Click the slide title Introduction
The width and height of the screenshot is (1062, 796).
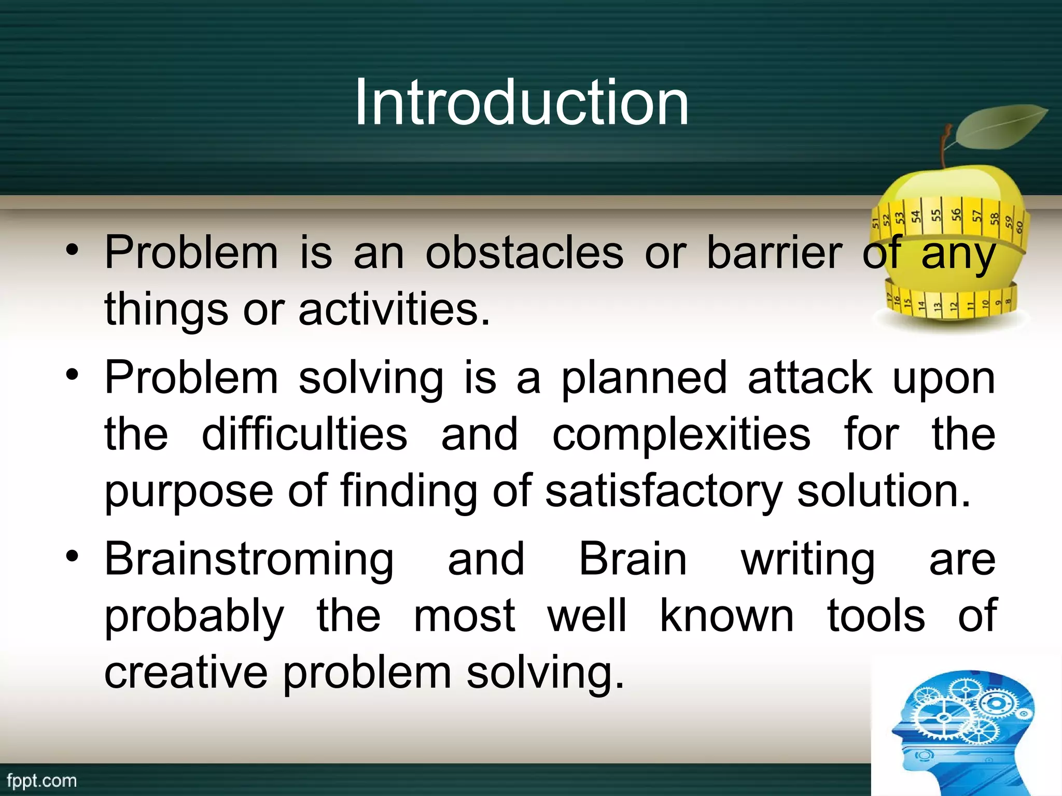coord(522,102)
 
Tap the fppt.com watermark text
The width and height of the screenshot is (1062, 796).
coord(41,780)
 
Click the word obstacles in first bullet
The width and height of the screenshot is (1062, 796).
coord(524,253)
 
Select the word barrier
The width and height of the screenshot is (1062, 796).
coord(774,253)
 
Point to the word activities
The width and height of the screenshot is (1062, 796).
coord(394,309)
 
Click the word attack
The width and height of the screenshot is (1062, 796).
coord(809,378)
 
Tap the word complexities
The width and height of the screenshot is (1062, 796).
coord(681,435)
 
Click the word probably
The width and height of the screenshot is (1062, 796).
coord(194,617)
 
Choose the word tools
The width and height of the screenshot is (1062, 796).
coord(876,616)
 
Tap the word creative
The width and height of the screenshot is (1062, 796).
coord(186,672)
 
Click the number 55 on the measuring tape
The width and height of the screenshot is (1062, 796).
coord(936,215)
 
